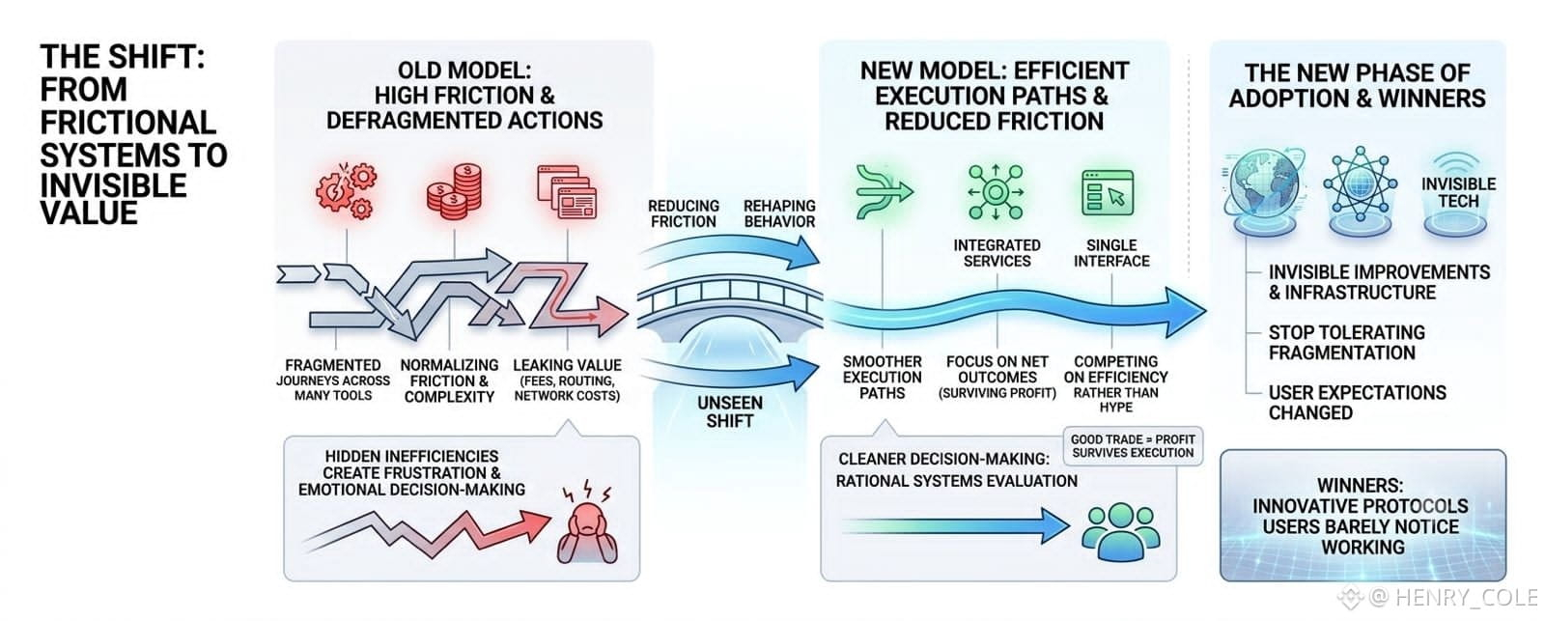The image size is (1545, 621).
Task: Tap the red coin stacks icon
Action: (x=454, y=191)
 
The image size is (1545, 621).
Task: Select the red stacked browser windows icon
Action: (x=567, y=191)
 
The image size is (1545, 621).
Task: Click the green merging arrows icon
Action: (x=884, y=191)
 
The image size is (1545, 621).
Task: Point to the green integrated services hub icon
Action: (x=996, y=192)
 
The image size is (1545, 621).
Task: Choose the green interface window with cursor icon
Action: (x=1108, y=192)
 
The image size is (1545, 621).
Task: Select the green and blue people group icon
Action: (x=1120, y=530)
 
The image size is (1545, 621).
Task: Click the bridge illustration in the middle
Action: (x=730, y=312)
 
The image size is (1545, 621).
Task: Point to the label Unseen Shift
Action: (x=730, y=412)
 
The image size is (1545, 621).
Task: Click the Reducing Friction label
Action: (x=684, y=213)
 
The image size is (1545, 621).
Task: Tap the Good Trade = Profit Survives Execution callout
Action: (x=1133, y=446)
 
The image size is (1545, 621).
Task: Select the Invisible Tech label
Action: (x=1458, y=192)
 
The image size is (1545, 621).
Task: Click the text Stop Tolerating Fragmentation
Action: (x=1346, y=343)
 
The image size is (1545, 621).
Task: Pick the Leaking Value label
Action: (x=567, y=365)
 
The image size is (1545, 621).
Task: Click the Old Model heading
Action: (x=464, y=96)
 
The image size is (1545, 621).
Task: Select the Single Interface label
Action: (x=1111, y=253)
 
